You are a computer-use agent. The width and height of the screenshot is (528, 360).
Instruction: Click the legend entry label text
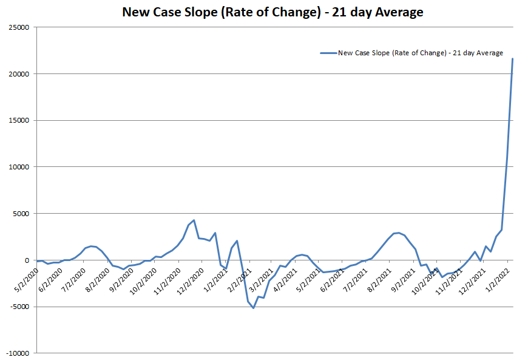(420, 53)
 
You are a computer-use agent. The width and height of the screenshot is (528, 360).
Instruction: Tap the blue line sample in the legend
(328, 53)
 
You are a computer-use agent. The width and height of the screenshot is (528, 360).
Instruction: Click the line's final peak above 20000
(512, 59)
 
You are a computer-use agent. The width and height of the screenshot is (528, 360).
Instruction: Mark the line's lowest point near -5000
(253, 308)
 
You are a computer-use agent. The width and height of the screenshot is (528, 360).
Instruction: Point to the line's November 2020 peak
(194, 220)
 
